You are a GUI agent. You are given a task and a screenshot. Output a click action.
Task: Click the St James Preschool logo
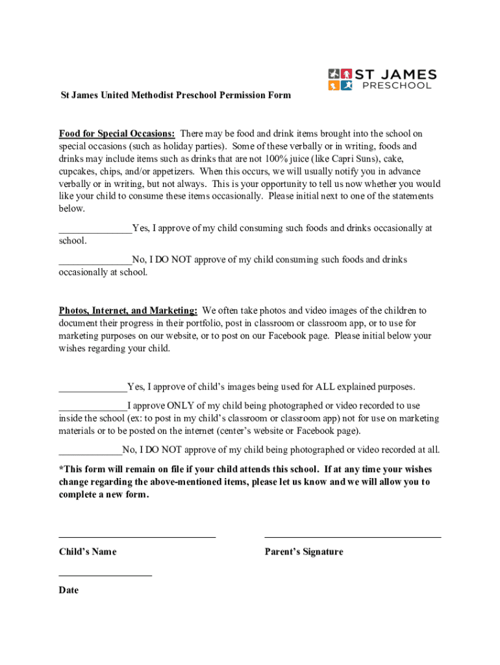[x=382, y=79]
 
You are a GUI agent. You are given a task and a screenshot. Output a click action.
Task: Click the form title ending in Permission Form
[x=175, y=95]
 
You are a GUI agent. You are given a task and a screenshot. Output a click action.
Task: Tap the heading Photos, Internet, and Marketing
[x=128, y=310]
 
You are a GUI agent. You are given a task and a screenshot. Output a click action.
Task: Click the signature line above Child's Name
[x=137, y=537]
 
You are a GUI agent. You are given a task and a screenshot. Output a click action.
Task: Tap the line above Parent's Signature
[x=353, y=537]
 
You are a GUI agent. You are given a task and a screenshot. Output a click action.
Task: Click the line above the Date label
[x=105, y=575]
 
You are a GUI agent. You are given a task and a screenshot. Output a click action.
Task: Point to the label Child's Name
[x=88, y=552]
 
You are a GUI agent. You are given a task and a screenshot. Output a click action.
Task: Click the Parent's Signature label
[x=304, y=552]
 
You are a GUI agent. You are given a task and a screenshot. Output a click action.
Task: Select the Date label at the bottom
[x=69, y=590]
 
